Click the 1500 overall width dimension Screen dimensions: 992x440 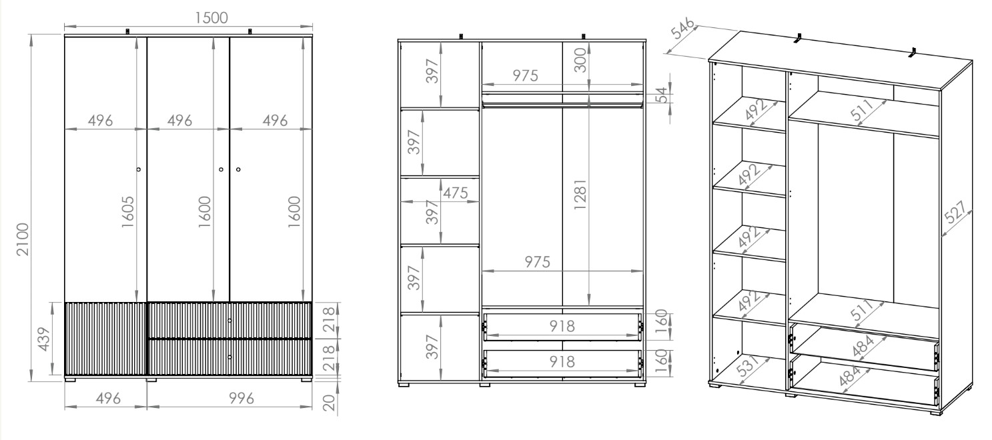(x=211, y=18)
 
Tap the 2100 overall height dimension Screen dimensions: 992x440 (x=23, y=239)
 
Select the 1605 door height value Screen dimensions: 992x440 (x=127, y=212)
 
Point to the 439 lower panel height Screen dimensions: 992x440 (x=44, y=339)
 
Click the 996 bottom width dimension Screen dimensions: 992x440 (x=241, y=399)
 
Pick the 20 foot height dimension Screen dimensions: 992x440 (x=329, y=403)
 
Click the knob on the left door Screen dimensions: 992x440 (x=139, y=169)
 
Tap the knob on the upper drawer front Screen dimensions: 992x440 (x=229, y=321)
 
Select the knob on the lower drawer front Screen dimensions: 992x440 (x=229, y=357)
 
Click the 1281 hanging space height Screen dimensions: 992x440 (x=580, y=194)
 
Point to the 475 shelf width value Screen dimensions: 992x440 (x=455, y=193)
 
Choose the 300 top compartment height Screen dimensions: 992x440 (x=580, y=60)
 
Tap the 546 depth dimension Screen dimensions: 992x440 (x=682, y=29)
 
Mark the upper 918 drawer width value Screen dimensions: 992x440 (x=562, y=326)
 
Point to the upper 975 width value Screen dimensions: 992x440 (x=525, y=76)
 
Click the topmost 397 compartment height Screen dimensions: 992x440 (x=432, y=71)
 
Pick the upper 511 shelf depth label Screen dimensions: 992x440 (x=862, y=110)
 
